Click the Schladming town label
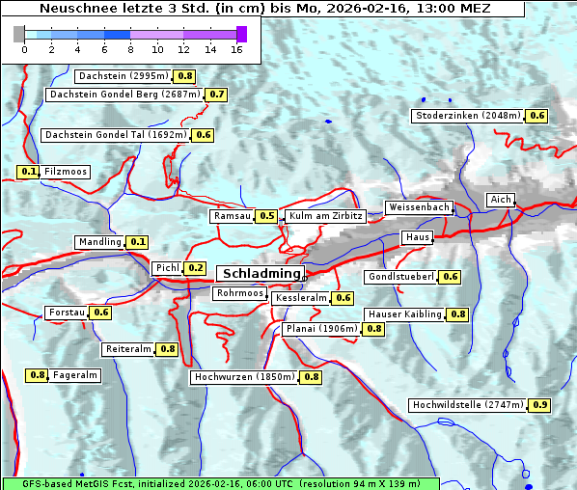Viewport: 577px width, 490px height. click(x=261, y=274)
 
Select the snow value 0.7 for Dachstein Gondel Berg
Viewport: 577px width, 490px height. click(x=216, y=95)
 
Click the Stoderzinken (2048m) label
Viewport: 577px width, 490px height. click(x=467, y=116)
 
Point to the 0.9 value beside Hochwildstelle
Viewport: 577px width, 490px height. click(x=539, y=405)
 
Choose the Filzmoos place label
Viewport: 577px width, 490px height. click(x=65, y=172)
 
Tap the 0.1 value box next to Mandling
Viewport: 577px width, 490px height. click(x=138, y=242)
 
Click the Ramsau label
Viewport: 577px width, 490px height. click(x=233, y=216)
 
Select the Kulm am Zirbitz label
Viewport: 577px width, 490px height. click(x=325, y=216)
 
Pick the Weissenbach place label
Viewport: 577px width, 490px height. click(x=419, y=207)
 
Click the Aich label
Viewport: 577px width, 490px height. click(x=501, y=200)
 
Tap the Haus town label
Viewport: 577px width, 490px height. click(x=417, y=237)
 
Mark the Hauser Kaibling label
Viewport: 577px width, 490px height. click(x=404, y=314)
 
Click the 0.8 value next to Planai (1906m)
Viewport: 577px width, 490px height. click(x=373, y=329)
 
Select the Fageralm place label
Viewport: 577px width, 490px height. click(x=75, y=375)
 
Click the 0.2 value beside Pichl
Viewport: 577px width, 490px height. click(x=195, y=268)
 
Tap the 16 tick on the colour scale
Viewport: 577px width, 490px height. click(x=236, y=50)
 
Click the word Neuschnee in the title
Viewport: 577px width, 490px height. click(x=73, y=9)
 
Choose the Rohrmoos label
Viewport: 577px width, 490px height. click(x=239, y=293)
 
